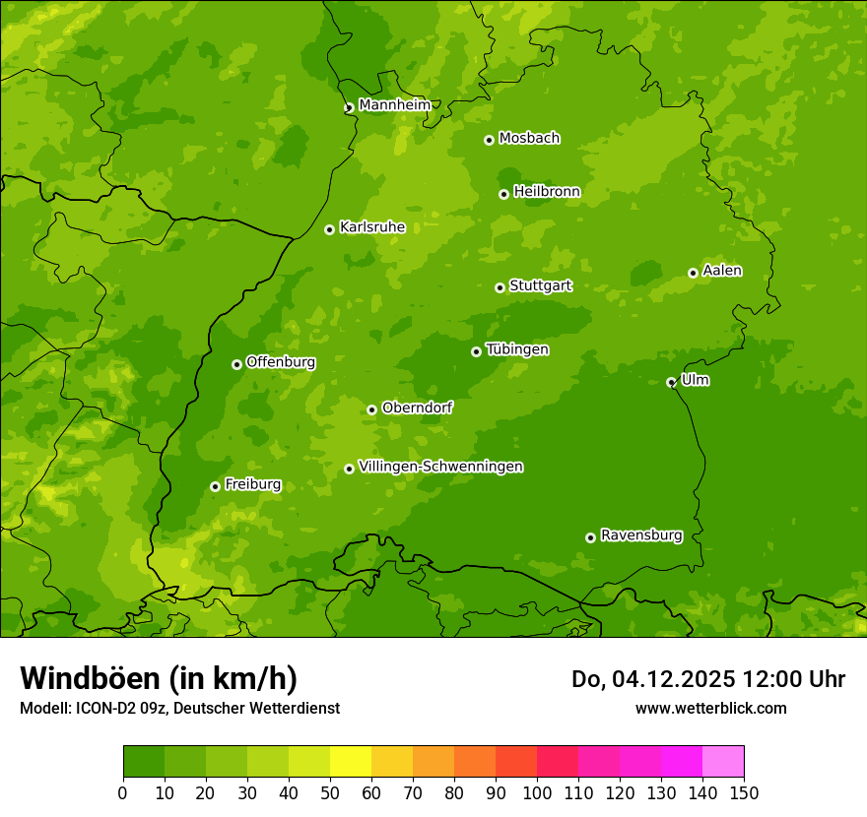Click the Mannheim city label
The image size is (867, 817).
point(394,105)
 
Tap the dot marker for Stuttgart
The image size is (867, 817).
point(500,287)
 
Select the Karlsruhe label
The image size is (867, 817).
point(371,227)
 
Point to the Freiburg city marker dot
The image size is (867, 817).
point(215,486)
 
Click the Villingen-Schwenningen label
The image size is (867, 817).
point(440,467)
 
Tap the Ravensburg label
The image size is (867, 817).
point(640,535)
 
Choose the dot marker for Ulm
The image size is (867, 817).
point(671,382)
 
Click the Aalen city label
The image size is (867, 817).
point(722,271)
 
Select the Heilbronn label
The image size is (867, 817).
point(547,192)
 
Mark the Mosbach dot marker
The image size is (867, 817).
point(489,140)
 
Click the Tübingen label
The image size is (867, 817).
point(517,349)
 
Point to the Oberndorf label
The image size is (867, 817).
point(417,408)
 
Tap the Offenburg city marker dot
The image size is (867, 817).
point(236,364)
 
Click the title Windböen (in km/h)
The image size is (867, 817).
point(159,678)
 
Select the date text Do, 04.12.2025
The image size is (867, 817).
point(654,679)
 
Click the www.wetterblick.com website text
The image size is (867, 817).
point(710,708)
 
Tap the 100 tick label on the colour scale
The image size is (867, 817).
point(537,792)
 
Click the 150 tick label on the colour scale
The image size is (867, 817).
point(744,792)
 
